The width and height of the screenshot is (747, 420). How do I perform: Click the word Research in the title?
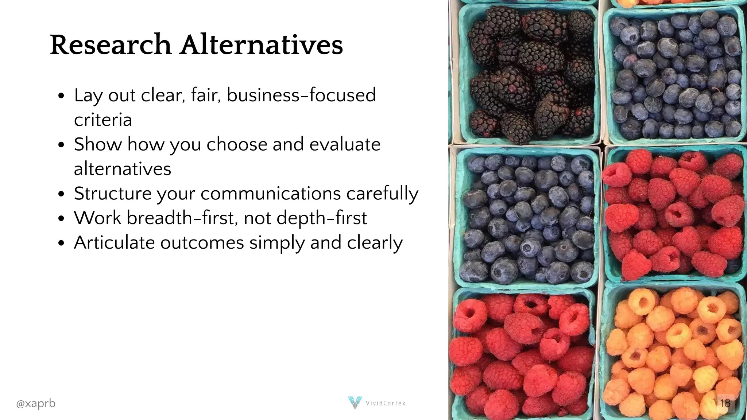click(x=111, y=45)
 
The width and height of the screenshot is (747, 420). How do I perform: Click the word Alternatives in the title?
click(x=261, y=45)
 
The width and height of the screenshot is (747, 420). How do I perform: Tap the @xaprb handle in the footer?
click(x=36, y=403)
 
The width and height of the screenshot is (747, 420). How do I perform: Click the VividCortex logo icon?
click(x=355, y=402)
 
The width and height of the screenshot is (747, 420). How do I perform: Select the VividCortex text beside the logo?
click(x=386, y=403)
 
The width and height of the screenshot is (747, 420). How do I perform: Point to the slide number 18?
click(x=725, y=403)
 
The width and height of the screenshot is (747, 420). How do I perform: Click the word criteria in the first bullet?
click(x=103, y=120)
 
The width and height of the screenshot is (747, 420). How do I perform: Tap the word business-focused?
click(x=301, y=95)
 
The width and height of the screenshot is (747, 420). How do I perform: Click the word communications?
click(x=270, y=194)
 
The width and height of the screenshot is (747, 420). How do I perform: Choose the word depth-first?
click(x=321, y=218)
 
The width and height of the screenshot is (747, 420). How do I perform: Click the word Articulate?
click(x=114, y=243)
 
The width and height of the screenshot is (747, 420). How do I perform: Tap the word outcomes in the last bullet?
click(x=202, y=243)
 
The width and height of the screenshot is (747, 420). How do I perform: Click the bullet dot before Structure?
click(x=61, y=194)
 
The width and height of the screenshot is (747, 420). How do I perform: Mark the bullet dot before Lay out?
click(x=61, y=96)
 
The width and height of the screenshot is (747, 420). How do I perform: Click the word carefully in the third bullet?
click(x=382, y=194)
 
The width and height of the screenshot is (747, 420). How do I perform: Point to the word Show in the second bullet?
click(x=97, y=144)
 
